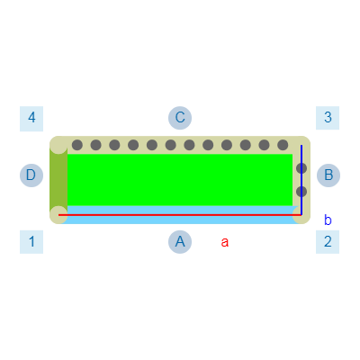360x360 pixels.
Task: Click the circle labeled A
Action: pos(180,242)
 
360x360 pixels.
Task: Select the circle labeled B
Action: pos(328,175)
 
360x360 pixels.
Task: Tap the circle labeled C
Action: pos(180,118)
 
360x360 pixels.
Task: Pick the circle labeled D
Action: pos(31,175)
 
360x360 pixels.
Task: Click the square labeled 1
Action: pos(31,242)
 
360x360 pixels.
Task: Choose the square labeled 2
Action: pos(328,242)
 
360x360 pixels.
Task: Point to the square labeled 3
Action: pos(328,118)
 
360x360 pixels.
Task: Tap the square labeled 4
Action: pos(31,119)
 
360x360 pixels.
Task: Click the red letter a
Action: pos(225,242)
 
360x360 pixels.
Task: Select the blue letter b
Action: pos(328,220)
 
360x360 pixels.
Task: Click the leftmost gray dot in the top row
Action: pos(77,145)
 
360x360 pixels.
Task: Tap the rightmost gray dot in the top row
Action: pos(283,145)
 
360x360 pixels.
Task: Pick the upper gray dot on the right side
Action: pos(301,168)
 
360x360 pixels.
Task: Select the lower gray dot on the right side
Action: pos(301,192)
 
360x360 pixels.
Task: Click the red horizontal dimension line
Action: pos(180,215)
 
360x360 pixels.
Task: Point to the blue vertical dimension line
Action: pos(301,180)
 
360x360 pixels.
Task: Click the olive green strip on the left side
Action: pos(58,180)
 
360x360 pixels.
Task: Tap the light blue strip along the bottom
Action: pos(180,215)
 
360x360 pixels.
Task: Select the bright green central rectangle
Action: pos(180,180)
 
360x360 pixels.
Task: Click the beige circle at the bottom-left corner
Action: pos(58,215)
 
